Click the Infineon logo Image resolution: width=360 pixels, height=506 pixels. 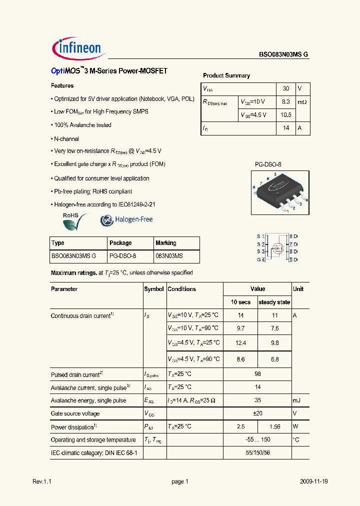[x=77, y=48]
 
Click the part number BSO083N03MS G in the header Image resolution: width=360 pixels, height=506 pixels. [x=283, y=55]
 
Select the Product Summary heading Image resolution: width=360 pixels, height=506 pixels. [x=226, y=75]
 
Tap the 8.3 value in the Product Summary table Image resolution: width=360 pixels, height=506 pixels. [x=286, y=101]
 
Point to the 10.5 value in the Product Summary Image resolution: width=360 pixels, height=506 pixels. [x=286, y=115]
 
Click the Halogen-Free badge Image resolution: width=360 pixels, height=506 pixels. [x=126, y=219]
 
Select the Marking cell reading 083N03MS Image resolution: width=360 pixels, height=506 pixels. [x=169, y=256]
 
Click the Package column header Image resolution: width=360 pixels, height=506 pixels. [x=120, y=243]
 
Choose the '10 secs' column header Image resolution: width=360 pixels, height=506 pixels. [x=240, y=302]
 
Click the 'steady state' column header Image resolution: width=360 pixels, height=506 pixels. [x=274, y=302]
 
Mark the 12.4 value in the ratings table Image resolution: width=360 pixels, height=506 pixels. [x=240, y=343]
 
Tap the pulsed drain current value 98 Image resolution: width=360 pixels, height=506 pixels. [x=257, y=374]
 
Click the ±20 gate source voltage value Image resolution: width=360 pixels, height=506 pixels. [x=257, y=413]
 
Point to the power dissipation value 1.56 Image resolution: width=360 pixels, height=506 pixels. [x=274, y=427]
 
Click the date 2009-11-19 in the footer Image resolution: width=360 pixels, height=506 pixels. [x=314, y=481]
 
